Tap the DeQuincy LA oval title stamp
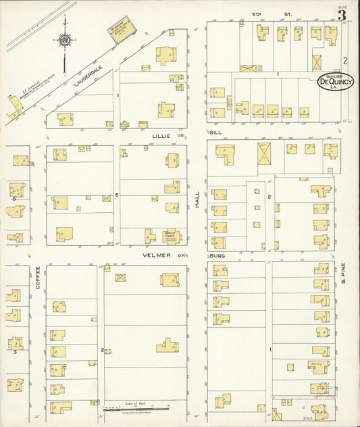click(x=335, y=81)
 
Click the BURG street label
click(x=216, y=256)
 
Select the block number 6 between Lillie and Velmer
click(x=116, y=195)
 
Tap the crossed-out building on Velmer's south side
click(x=120, y=277)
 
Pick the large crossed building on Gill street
click(x=263, y=152)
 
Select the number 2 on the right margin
click(x=344, y=60)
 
